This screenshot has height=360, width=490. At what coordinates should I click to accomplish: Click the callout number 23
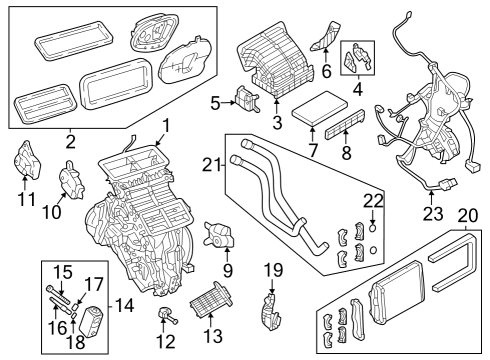coord(432,212)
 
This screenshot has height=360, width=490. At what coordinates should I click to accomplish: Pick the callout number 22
coord(372,201)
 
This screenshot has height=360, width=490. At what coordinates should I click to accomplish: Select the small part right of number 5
coord(246,98)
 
